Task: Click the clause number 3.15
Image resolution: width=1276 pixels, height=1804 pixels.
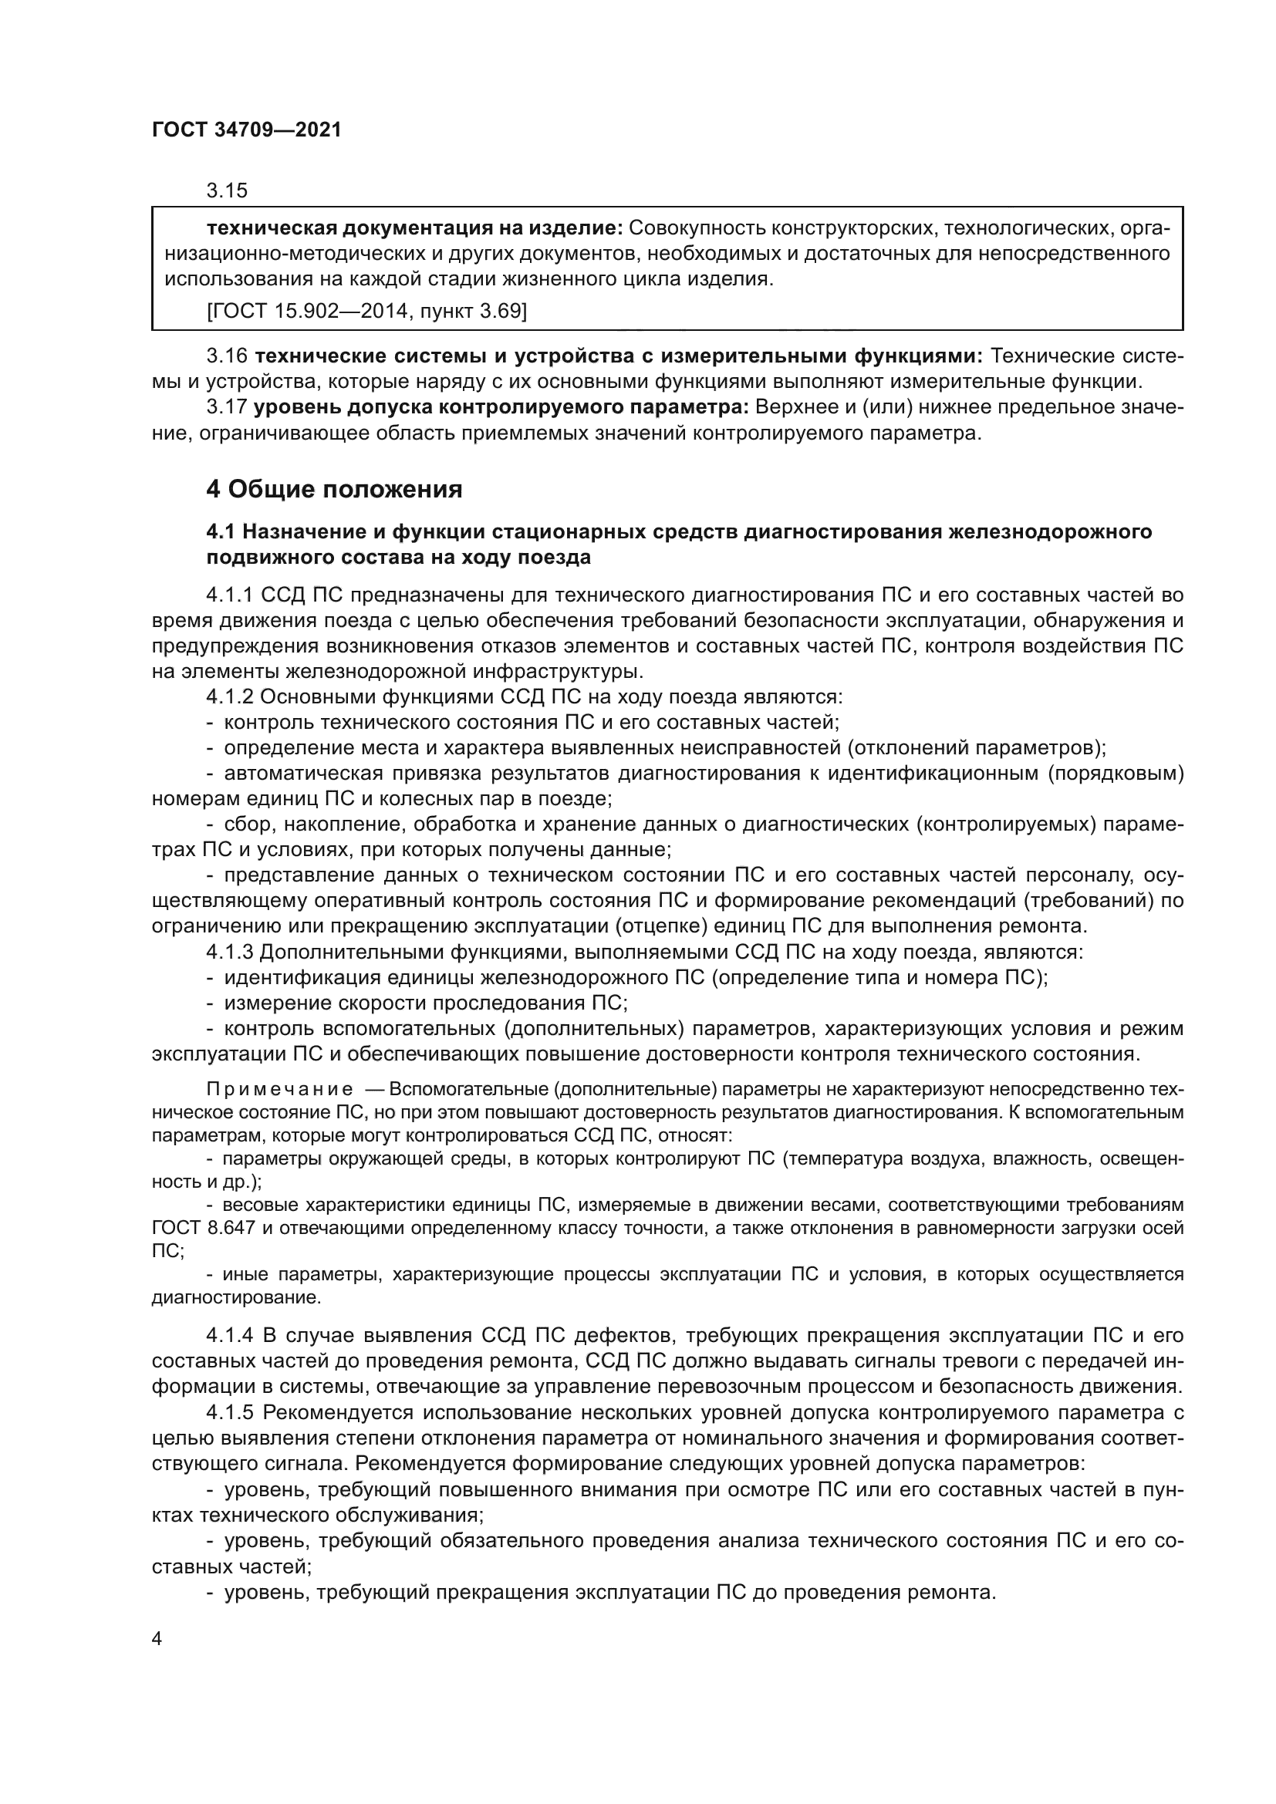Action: tap(226, 191)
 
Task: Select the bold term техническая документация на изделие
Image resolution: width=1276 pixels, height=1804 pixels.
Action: tap(414, 228)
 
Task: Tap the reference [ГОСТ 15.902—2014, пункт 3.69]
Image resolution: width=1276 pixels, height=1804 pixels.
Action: tap(366, 311)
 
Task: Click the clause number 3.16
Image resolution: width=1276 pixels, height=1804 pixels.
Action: tap(226, 357)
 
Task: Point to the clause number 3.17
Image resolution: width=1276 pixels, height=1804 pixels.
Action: tap(226, 407)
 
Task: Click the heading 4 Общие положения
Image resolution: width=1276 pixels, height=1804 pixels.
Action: tap(334, 490)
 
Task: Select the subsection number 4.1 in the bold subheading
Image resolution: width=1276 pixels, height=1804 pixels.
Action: tap(221, 532)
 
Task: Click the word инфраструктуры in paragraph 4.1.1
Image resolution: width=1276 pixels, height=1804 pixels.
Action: tap(558, 672)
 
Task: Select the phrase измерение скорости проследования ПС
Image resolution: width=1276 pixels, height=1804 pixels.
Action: tap(425, 1003)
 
